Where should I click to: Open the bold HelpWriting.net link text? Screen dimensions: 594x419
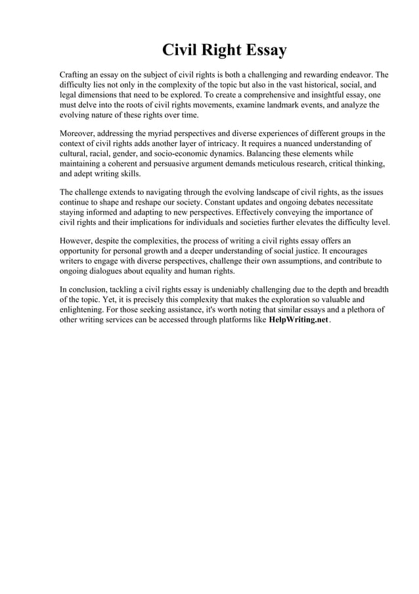(x=298, y=320)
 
